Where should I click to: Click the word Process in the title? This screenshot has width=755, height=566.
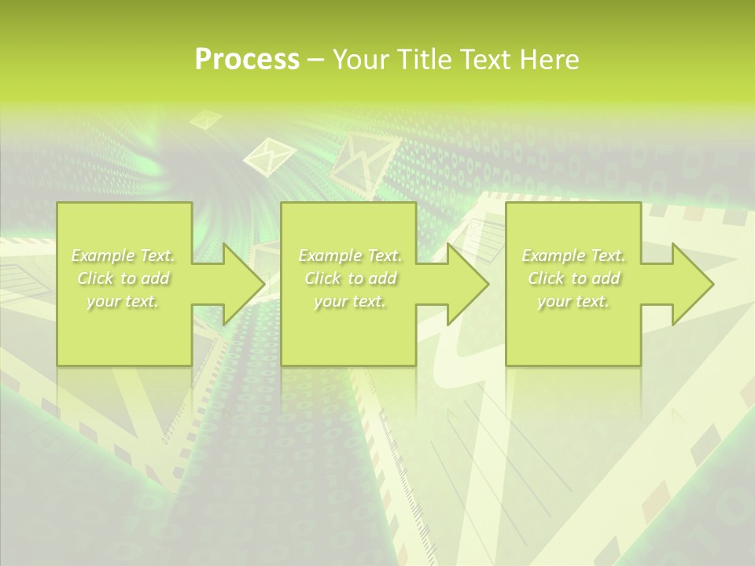pos(247,60)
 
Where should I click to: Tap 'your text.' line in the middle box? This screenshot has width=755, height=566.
pos(350,302)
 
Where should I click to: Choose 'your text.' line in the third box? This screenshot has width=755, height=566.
pos(573,302)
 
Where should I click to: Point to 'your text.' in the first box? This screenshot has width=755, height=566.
pos(123,302)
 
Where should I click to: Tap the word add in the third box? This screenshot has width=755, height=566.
pos(606,278)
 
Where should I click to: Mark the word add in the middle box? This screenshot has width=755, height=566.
pos(382,278)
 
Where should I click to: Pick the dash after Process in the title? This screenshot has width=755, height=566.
pos(315,60)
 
